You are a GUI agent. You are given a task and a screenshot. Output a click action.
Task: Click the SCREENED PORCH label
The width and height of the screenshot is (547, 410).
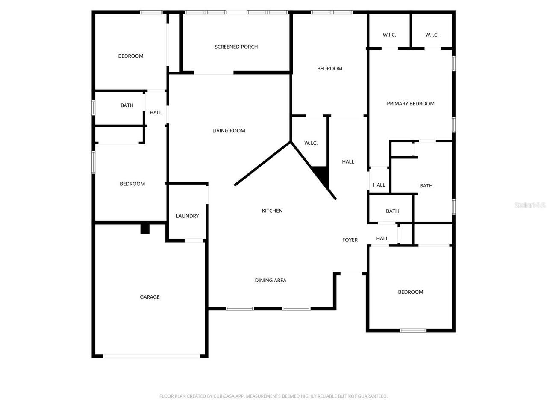[236, 47]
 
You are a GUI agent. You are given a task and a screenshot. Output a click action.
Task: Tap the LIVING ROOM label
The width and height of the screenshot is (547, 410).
[229, 131]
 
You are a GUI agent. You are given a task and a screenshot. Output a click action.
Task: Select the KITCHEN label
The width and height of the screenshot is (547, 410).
[272, 211]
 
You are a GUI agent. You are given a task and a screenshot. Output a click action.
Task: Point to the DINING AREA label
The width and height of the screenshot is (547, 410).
[271, 281]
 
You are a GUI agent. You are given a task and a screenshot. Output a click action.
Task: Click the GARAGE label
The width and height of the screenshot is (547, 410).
[150, 297]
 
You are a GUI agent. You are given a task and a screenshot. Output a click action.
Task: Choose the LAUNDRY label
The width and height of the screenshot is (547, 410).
[187, 216]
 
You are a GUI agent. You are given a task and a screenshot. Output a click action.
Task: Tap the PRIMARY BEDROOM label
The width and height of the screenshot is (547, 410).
[410, 104]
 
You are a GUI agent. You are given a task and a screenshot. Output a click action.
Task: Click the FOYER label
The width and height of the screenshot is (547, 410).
[350, 240]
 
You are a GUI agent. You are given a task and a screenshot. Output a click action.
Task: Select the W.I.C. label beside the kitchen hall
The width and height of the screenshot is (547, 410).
[311, 143]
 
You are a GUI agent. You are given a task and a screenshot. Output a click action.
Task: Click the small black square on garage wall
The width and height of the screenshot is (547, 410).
[145, 229]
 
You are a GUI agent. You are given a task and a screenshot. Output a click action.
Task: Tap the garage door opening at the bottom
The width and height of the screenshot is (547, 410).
[151, 356]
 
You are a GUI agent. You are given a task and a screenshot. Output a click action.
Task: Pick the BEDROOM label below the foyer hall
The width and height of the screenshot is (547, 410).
[410, 292]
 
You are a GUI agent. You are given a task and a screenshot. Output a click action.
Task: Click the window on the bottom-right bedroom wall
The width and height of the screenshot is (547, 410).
[413, 330]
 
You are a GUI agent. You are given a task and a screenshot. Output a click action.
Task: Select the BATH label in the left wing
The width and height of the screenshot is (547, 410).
[127, 105]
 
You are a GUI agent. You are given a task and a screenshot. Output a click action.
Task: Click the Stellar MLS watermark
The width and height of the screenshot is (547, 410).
[530, 205]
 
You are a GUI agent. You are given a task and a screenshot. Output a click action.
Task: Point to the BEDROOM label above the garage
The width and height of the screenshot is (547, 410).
[132, 184]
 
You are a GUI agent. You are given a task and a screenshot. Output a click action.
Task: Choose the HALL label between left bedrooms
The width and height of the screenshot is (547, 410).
[156, 113]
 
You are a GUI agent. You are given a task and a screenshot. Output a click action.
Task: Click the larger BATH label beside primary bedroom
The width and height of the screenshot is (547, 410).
[426, 186]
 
